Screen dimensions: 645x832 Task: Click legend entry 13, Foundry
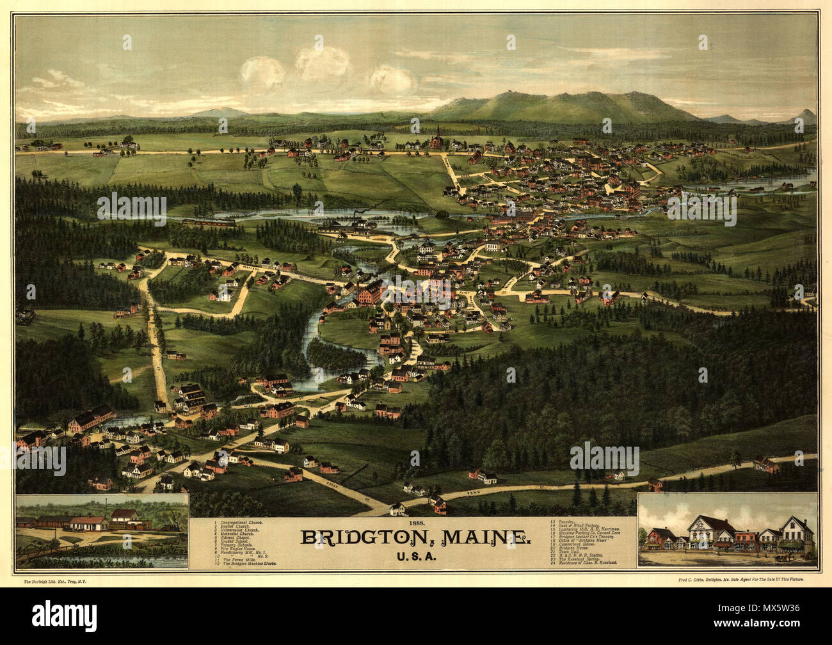tap(563, 523)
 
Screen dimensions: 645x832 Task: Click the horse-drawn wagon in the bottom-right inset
tap(782, 558)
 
